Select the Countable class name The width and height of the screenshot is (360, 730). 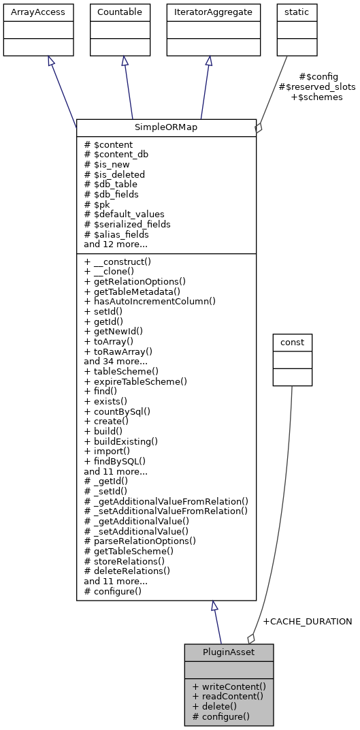click(x=120, y=12)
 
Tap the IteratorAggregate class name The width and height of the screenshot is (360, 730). click(x=213, y=12)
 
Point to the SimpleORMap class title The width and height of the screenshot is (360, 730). click(x=166, y=127)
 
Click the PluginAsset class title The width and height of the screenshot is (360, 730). click(x=229, y=652)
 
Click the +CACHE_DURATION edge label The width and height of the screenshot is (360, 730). click(x=307, y=622)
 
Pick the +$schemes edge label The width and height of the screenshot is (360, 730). click(x=316, y=97)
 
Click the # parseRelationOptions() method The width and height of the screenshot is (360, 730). click(x=140, y=541)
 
